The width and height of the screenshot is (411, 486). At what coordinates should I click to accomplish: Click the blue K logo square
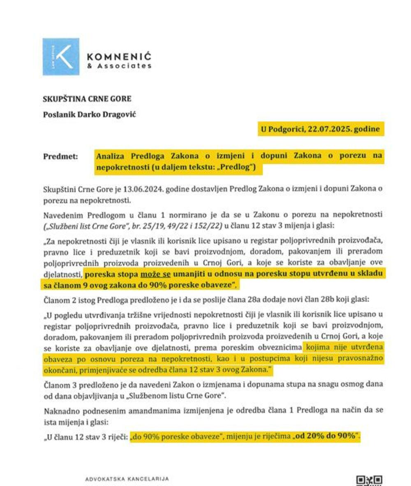pyautogui.click(x=60, y=57)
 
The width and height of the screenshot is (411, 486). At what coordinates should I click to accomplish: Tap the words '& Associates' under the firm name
pyautogui.click(x=119, y=66)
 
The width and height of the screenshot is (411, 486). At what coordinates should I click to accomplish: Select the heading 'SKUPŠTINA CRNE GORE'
pyautogui.click(x=87, y=99)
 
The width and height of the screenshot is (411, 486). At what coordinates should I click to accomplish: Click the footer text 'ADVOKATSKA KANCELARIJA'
pyautogui.click(x=127, y=479)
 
